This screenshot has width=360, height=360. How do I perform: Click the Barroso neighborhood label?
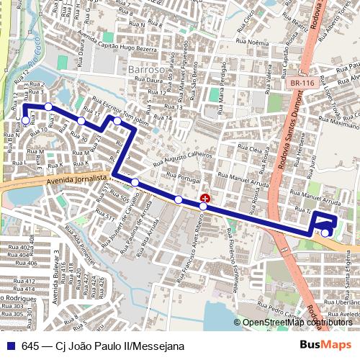tap(145, 69)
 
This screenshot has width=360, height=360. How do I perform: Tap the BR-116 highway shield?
tap(303, 84)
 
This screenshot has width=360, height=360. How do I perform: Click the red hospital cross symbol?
tap(205, 198)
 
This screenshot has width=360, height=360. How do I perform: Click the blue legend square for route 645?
tap(11, 346)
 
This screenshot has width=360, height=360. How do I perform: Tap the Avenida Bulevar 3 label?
tap(56, 275)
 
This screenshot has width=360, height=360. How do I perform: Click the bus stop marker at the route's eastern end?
tap(325, 232)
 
